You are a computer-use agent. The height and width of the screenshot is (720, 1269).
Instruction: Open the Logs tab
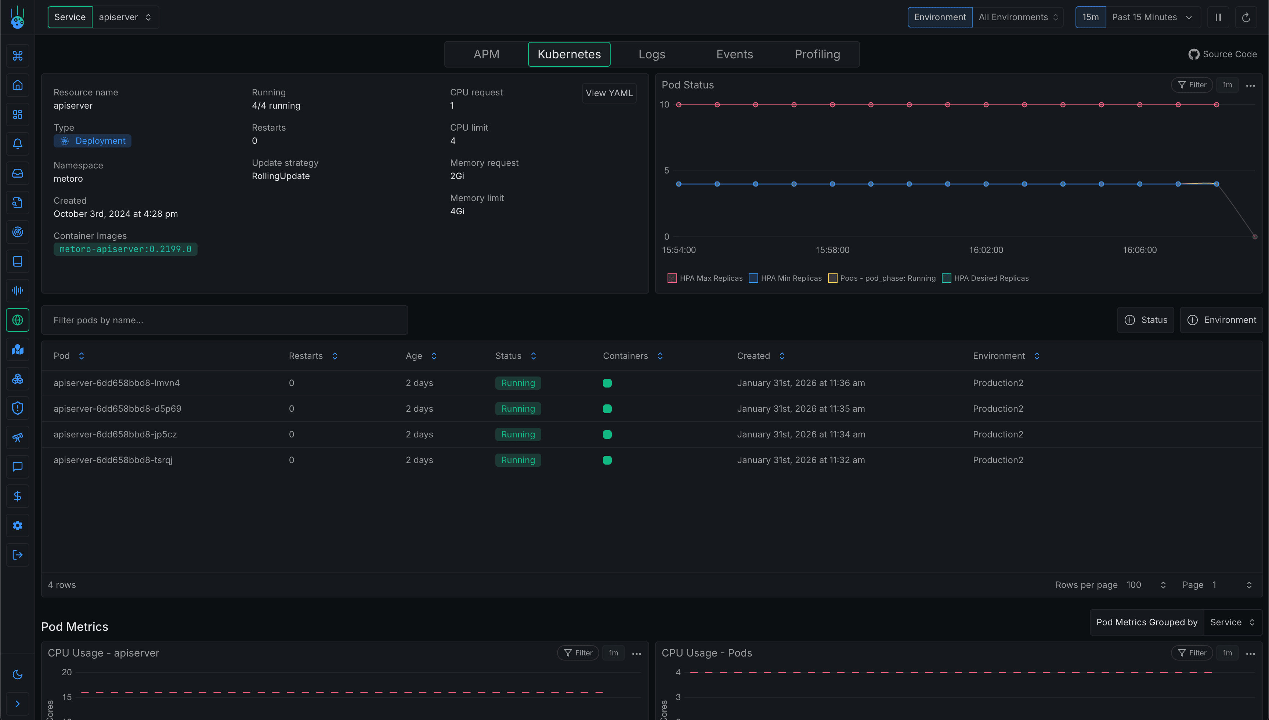(x=651, y=54)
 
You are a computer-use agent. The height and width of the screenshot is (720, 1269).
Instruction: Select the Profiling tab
(x=817, y=54)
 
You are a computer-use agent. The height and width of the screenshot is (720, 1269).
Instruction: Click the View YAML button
(x=608, y=93)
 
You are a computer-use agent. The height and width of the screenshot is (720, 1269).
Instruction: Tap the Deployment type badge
(x=93, y=141)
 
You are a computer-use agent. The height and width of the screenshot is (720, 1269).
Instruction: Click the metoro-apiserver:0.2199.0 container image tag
(x=125, y=249)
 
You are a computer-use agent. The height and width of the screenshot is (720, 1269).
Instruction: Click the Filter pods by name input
(x=225, y=320)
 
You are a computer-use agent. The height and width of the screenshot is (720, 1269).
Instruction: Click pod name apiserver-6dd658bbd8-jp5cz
(x=115, y=434)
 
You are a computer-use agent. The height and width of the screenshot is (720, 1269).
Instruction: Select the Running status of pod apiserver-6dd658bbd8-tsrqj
(x=517, y=460)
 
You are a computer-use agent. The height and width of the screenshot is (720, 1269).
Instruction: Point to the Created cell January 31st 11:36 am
(x=800, y=383)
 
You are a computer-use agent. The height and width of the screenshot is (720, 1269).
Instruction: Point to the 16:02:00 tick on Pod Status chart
(x=986, y=250)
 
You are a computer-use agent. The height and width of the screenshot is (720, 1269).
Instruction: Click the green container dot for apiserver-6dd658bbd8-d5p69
(x=607, y=408)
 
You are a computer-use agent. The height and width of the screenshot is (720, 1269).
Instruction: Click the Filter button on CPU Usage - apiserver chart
(x=578, y=653)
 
